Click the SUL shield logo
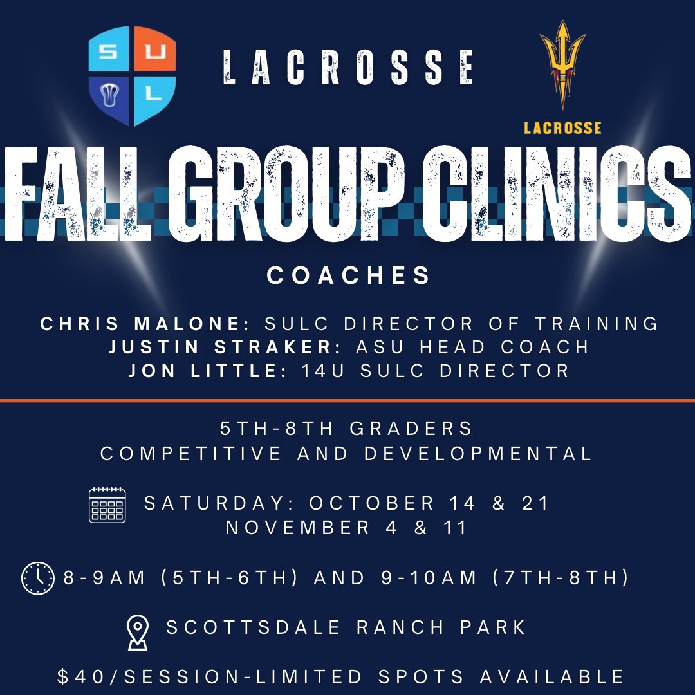132,75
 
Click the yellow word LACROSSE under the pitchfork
562,127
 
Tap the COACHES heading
348,275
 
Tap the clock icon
38,577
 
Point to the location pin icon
138,631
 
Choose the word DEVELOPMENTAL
477,453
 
